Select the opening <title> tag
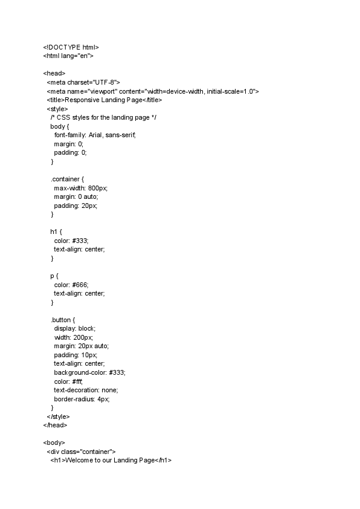(56, 100)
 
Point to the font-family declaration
(95, 135)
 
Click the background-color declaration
(90, 373)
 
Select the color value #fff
(77, 381)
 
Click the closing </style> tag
(58, 417)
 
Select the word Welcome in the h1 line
(79, 461)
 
